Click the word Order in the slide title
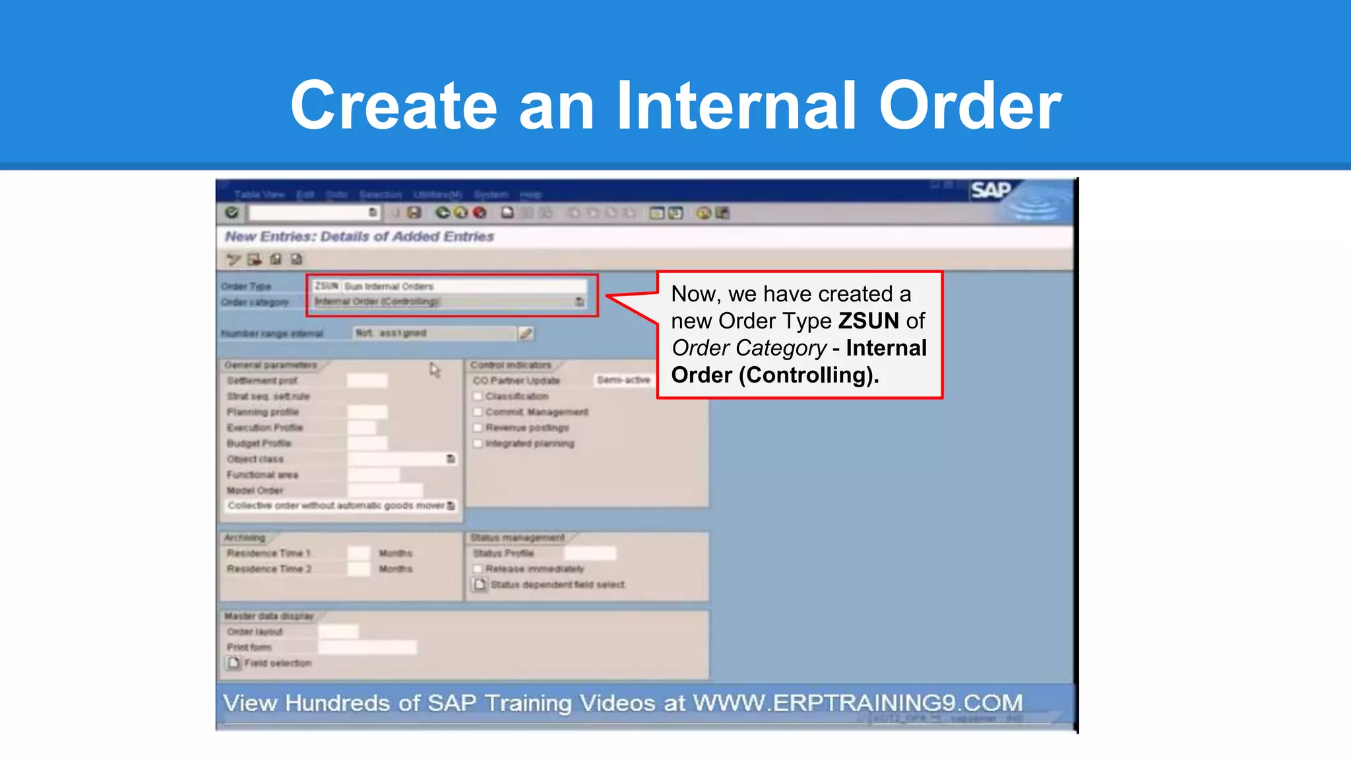click(970, 106)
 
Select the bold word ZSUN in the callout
click(868, 321)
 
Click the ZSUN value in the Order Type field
click(326, 286)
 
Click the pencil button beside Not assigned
click(526, 333)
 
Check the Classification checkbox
click(478, 396)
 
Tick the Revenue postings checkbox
click(478, 427)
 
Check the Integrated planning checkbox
click(478, 443)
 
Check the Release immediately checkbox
click(478, 569)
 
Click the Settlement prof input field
click(367, 381)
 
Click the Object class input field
click(396, 459)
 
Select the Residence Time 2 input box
click(359, 569)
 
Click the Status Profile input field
click(590, 553)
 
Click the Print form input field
click(367, 647)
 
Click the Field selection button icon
click(234, 663)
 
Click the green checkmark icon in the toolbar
click(232, 212)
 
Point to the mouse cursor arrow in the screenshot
click(433, 369)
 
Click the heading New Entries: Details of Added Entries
click(360, 236)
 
